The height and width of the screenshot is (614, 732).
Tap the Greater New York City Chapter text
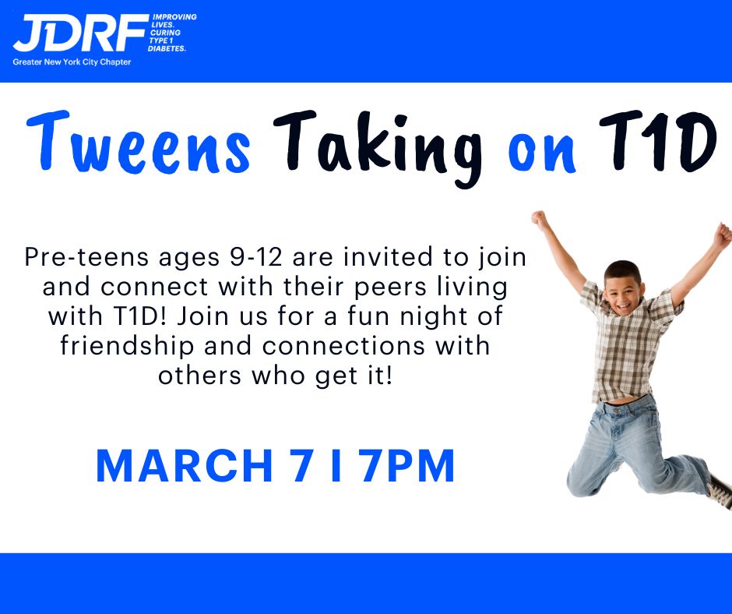72,62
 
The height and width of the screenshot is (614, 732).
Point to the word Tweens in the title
138,143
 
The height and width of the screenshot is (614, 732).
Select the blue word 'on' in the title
542,151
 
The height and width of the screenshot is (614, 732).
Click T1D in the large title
658,141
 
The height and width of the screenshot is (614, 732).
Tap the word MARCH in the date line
185,466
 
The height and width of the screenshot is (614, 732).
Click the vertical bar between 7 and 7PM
336,466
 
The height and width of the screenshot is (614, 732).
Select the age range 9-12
256,257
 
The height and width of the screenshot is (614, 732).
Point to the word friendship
128,346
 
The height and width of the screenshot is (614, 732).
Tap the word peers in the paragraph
391,288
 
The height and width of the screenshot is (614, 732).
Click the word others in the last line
199,376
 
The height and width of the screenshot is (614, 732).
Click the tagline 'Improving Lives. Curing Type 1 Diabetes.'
172,33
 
